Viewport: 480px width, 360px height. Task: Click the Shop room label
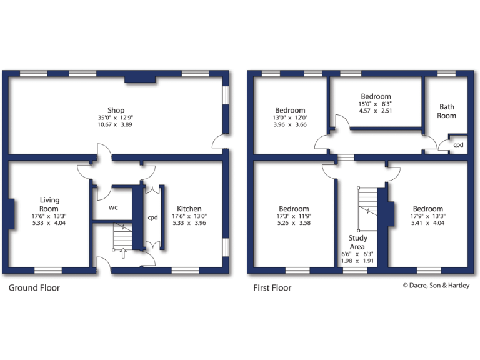(116, 111)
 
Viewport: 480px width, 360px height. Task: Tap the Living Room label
(49, 204)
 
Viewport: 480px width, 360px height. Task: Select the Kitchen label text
(189, 209)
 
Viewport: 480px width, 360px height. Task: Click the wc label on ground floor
(114, 207)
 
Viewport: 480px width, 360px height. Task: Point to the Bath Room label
(446, 111)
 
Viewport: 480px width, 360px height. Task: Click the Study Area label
(358, 242)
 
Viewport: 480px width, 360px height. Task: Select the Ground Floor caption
(34, 288)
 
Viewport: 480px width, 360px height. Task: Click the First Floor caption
(272, 288)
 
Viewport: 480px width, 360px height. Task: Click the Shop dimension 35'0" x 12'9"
(116, 117)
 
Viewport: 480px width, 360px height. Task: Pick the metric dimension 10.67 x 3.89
(116, 124)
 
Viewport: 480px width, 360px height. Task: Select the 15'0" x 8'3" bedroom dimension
(376, 104)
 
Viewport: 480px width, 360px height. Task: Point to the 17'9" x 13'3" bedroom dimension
(428, 216)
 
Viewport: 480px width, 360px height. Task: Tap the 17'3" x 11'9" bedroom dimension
(294, 216)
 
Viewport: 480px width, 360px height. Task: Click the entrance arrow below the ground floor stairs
(122, 253)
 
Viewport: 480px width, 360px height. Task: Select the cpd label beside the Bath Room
(459, 144)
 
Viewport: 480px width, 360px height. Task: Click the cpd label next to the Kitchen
(152, 218)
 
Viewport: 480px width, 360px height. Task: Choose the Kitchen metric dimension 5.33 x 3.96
(189, 222)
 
